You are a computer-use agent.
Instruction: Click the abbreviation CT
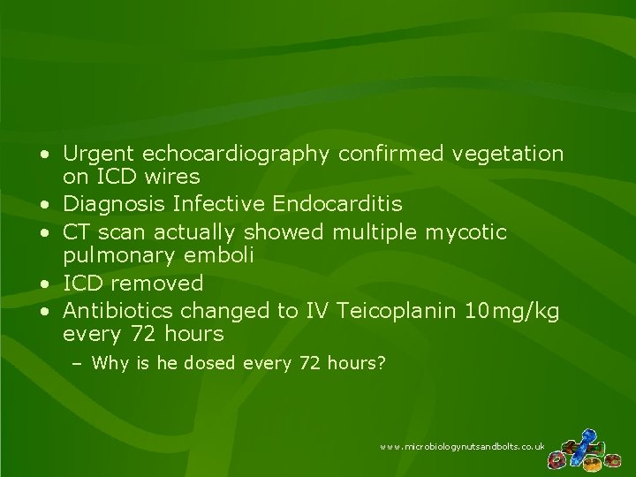[78, 231]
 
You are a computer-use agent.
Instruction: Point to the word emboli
[228, 256]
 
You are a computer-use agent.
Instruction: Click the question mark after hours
[382, 362]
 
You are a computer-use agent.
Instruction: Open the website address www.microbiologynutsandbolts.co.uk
[462, 449]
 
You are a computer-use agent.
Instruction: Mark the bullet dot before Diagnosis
[43, 206]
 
